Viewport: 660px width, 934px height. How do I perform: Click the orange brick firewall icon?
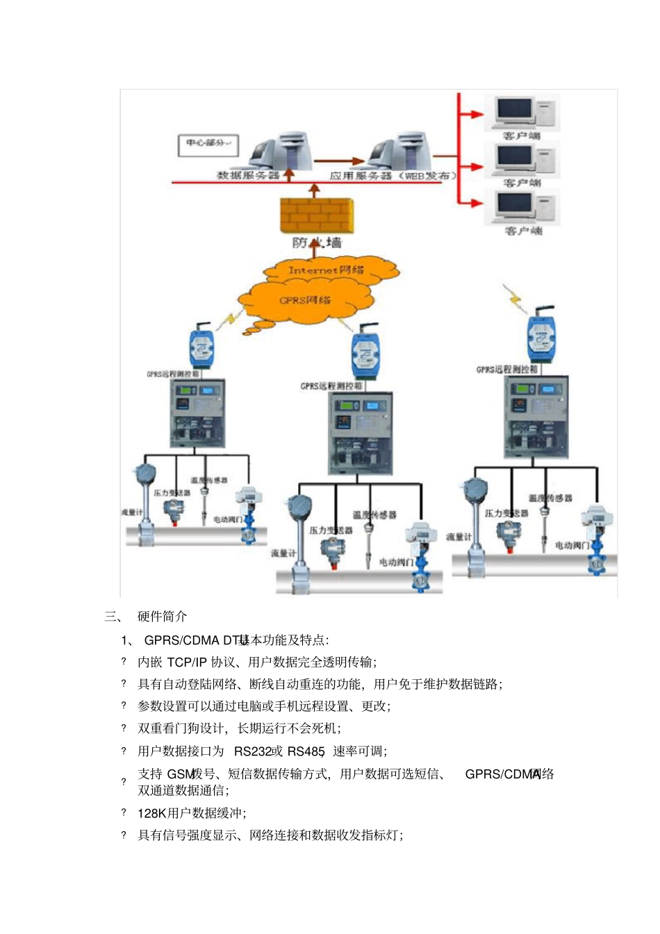(316, 215)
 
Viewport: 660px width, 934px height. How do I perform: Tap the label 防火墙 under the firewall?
(317, 242)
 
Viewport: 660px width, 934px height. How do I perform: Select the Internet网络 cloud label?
(326, 270)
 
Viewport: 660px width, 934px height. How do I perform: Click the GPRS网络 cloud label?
(305, 300)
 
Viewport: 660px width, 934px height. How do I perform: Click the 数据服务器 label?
(248, 176)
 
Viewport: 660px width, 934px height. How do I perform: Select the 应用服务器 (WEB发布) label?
(393, 176)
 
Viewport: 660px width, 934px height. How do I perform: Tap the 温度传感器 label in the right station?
(550, 498)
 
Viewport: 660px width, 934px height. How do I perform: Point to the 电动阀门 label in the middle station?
(395, 562)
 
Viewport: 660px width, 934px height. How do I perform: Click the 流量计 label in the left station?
(132, 512)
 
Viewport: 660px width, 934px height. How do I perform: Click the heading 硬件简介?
(162, 616)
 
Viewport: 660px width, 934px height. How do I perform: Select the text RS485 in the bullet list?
(306, 751)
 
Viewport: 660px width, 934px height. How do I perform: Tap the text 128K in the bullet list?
(151, 813)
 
